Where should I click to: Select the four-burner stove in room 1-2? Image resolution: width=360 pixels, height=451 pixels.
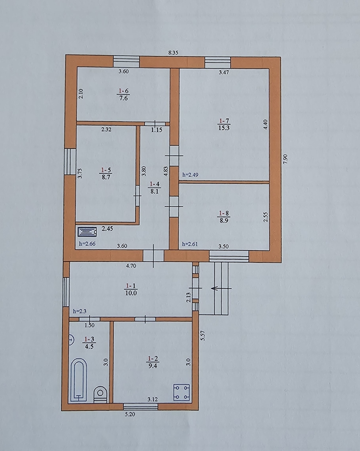click(182, 392)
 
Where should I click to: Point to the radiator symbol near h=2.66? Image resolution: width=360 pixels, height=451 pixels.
click(87, 231)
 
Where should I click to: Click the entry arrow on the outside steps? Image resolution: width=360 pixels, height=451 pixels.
click(221, 288)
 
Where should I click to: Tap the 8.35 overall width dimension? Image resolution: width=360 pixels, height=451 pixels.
click(173, 53)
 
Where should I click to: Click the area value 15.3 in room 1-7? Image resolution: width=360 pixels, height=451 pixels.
click(224, 128)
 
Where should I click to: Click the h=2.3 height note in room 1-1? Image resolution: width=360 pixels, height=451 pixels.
click(80, 311)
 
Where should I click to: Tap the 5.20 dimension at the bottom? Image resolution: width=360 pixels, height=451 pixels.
click(130, 414)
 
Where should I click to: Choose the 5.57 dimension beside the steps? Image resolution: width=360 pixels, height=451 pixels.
click(202, 335)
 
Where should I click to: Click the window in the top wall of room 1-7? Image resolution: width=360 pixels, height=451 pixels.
click(218, 62)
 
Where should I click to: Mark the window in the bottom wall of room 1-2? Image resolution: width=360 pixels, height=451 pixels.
click(140, 407)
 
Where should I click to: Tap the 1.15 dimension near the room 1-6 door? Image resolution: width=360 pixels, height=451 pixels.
click(157, 130)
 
